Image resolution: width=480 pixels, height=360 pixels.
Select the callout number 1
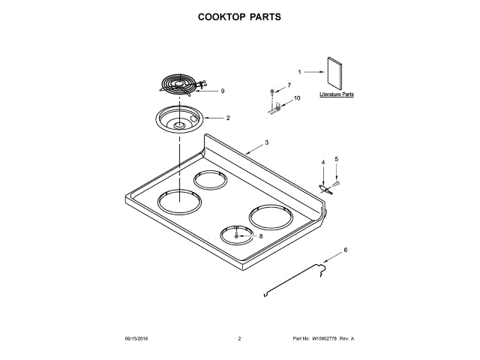tap(299, 72)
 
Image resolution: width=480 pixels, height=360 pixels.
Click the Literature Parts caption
tap(336, 96)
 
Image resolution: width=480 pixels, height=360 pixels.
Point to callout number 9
tap(222, 91)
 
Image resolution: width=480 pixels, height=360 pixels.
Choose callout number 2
tap(228, 118)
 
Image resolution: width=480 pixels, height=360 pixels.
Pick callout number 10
tap(296, 98)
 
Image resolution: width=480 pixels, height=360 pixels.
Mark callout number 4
tap(323, 162)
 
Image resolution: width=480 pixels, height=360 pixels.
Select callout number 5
tap(336, 159)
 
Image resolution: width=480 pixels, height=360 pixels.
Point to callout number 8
tap(260, 236)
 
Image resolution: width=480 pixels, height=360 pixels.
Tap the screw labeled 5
tap(335, 182)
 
